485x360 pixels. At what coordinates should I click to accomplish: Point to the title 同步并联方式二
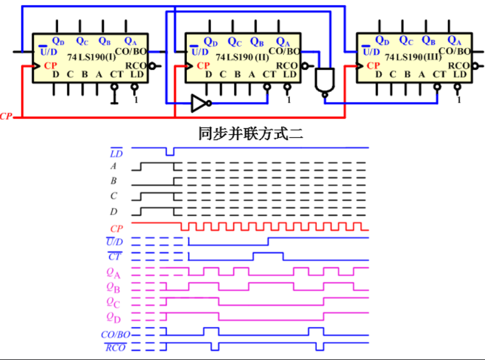(x=251, y=134)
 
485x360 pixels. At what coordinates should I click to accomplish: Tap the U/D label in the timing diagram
(x=115, y=242)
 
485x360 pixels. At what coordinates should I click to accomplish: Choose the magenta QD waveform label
(x=113, y=316)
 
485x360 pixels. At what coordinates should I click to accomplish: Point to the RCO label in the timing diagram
(x=115, y=347)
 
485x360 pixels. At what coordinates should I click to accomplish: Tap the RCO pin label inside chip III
(x=459, y=66)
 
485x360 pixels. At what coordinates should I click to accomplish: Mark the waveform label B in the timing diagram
(x=113, y=181)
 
